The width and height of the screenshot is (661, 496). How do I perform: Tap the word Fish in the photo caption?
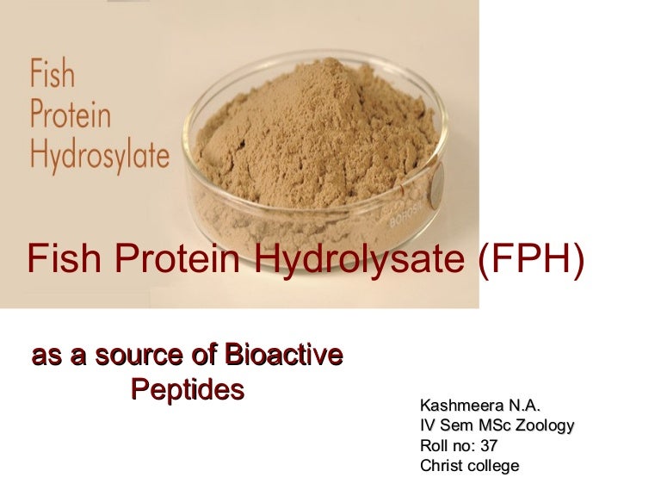point(53,75)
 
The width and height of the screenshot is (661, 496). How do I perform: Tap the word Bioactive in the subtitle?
point(283,354)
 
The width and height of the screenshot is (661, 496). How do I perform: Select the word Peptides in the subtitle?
point(187,389)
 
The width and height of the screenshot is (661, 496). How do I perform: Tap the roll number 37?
point(489,446)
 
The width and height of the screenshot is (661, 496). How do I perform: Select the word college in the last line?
point(494,467)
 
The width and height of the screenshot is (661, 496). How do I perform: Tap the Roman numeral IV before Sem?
point(427,425)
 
